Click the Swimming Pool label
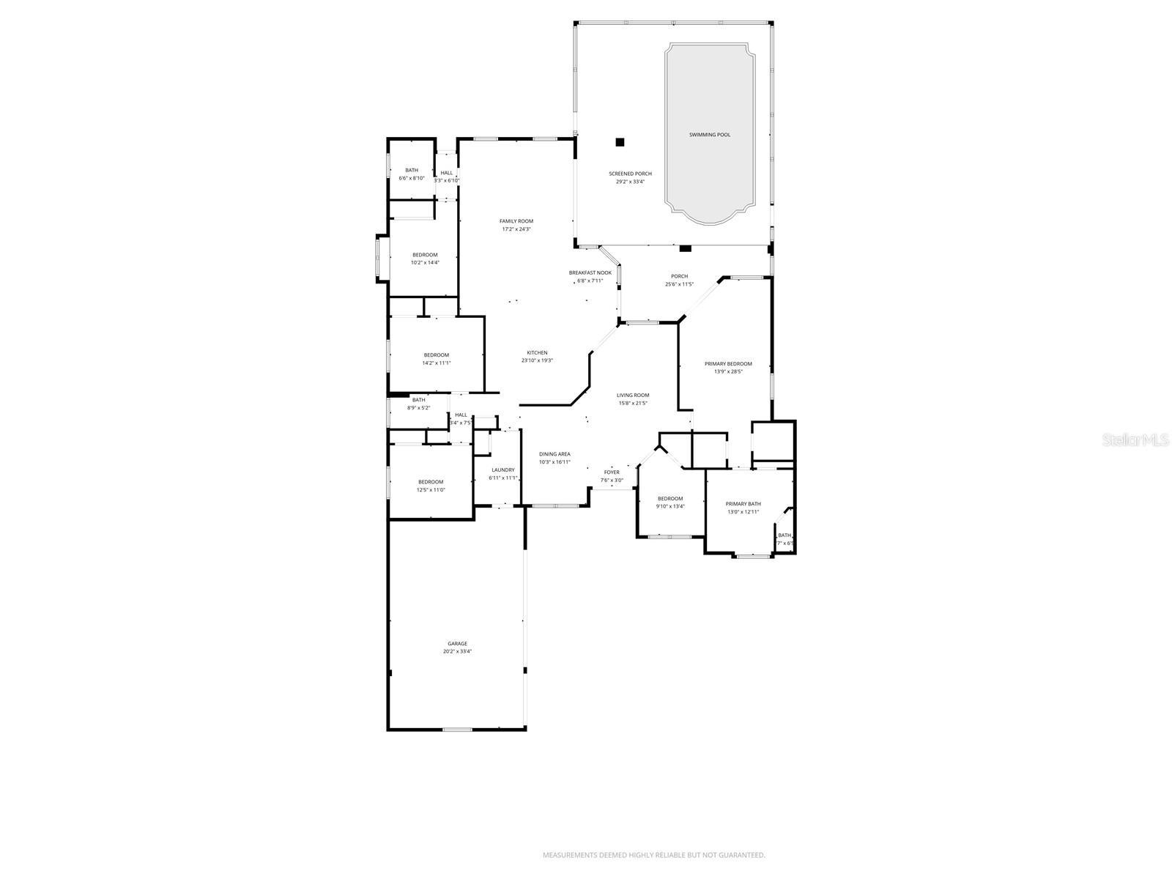pos(709,135)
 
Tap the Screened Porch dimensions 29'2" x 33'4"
pos(630,182)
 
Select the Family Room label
pos(516,221)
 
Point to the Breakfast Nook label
pos(590,272)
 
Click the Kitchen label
pos(537,352)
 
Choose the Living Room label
pos(633,396)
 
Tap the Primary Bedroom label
pos(728,364)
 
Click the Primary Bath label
pos(743,504)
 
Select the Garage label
pos(457,644)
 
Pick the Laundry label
pos(503,470)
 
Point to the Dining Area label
pos(555,454)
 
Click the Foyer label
pos(612,472)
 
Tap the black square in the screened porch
pos(620,142)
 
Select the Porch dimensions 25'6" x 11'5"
pos(679,284)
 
